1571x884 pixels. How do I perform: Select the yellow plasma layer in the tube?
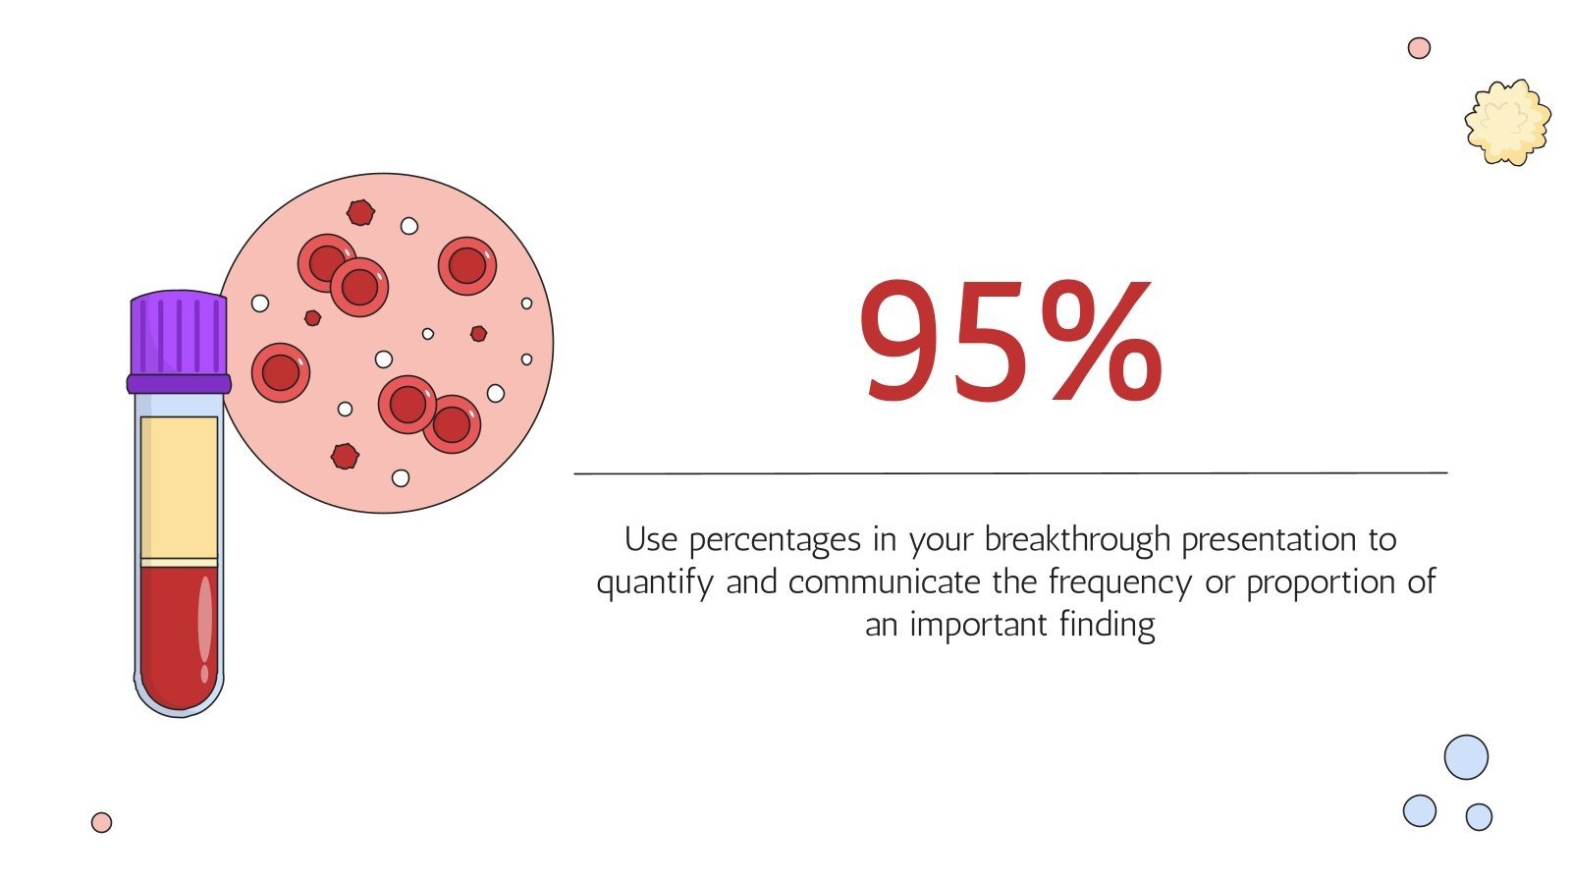[x=179, y=486]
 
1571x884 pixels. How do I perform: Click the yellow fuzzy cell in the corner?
[x=1507, y=122]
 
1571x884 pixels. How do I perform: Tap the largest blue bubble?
[x=1466, y=757]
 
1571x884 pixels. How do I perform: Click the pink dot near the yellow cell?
[x=1419, y=47]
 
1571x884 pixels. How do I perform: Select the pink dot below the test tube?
[x=101, y=823]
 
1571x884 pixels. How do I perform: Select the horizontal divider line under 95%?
[x=1010, y=473]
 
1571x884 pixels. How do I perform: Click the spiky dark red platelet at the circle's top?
[x=360, y=212]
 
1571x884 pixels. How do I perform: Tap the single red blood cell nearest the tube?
[x=281, y=373]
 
